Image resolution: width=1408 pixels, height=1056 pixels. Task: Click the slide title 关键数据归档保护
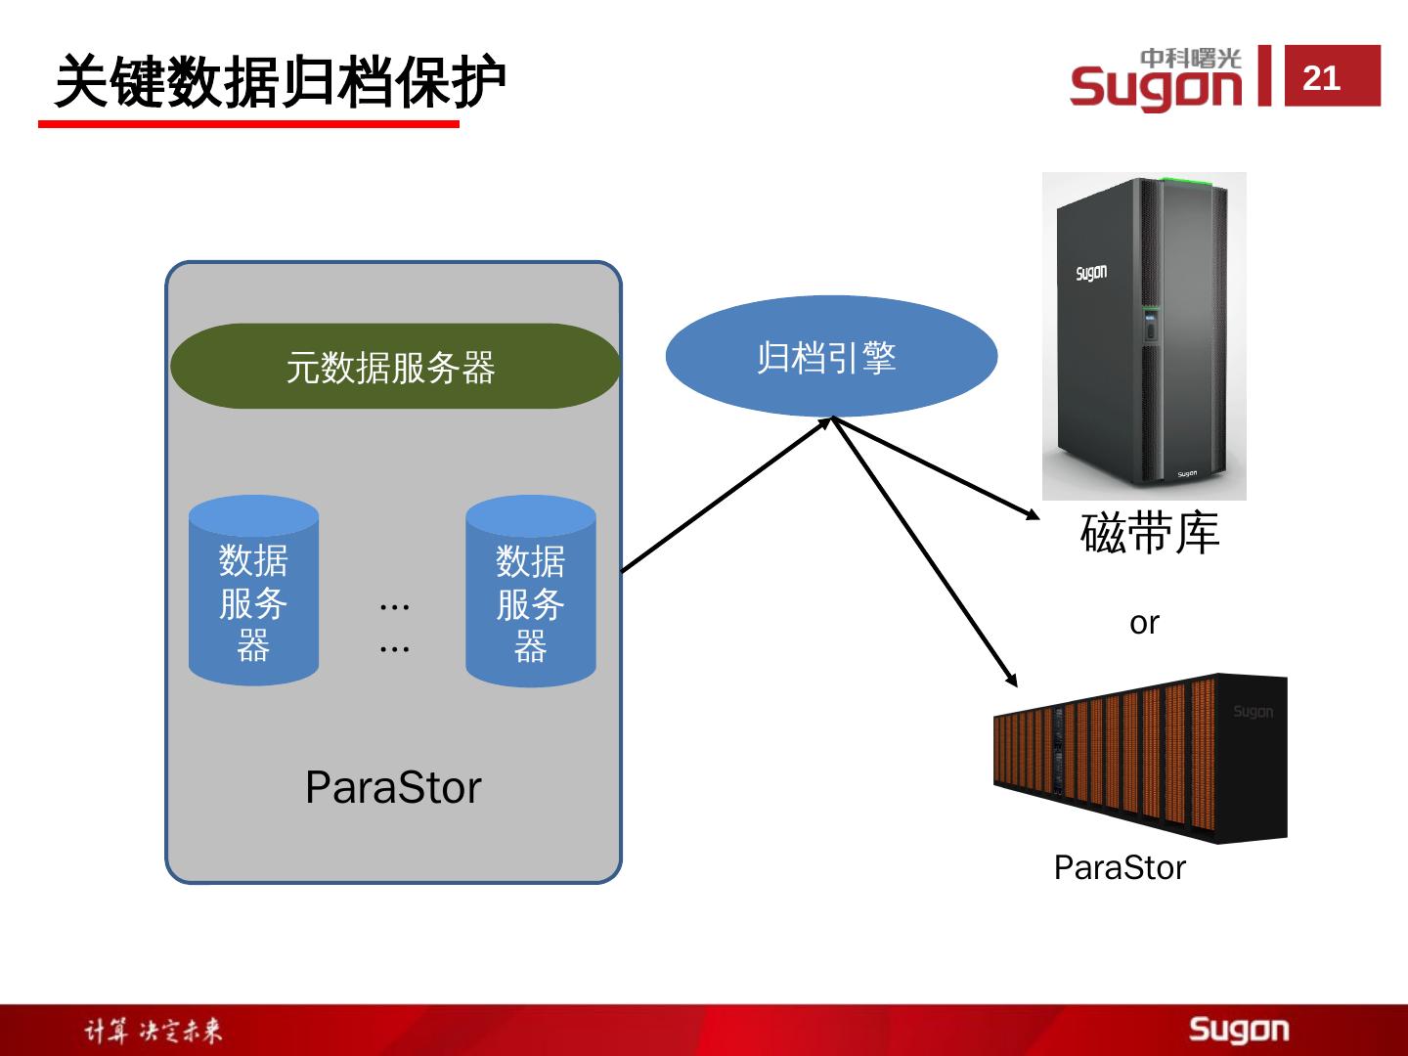point(280,82)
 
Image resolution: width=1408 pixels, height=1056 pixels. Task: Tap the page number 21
point(1321,77)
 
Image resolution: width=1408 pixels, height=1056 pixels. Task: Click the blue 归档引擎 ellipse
point(830,357)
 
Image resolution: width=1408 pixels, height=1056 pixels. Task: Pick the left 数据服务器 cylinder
point(253,591)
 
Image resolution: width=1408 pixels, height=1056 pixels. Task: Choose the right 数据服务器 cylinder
point(531,591)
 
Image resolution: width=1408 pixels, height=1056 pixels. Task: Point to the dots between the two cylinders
point(394,626)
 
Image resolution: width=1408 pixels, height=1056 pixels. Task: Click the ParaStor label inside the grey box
point(393,787)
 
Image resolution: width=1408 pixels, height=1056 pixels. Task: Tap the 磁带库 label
point(1150,534)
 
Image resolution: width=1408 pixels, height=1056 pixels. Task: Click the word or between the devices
point(1144,622)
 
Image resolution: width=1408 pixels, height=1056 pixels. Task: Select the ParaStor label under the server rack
point(1120,867)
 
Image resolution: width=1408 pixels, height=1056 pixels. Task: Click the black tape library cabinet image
point(1144,335)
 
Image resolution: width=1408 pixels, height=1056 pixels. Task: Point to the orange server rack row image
point(1139,757)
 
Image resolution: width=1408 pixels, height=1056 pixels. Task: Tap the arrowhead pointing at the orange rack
point(1012,680)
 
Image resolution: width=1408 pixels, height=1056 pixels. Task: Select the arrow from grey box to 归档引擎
point(726,495)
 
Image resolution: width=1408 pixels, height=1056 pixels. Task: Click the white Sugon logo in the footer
point(1239,1030)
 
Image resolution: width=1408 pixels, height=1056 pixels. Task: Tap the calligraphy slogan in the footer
point(153,1031)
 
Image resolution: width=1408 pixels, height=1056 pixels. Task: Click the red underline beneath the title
point(248,124)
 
